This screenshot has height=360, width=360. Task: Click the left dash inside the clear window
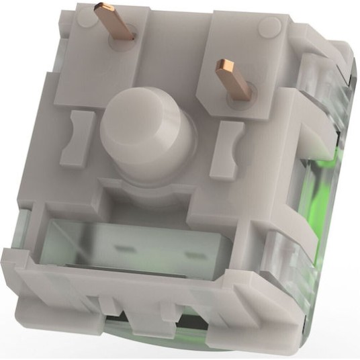pos(124,248)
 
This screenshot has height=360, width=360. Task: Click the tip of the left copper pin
pos(103,7)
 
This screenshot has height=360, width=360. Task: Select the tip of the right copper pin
pos(223,66)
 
